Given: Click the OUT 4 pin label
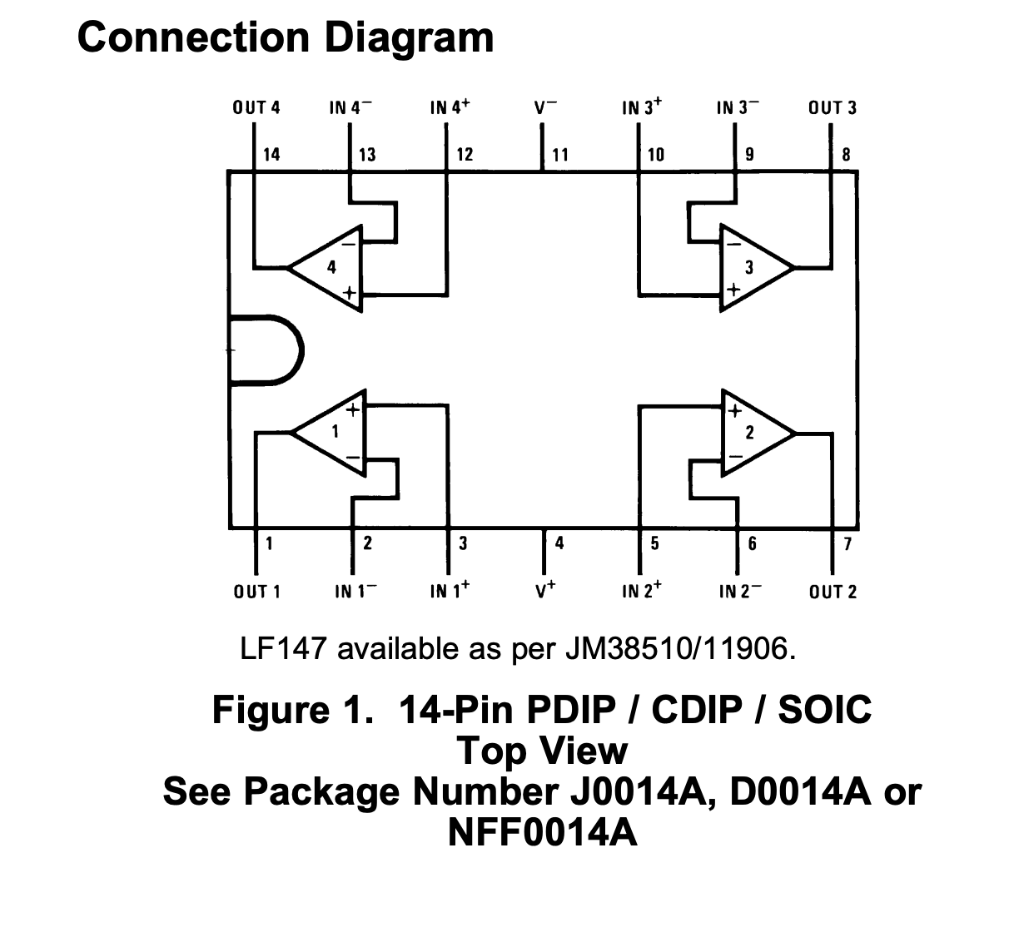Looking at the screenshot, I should point(256,107).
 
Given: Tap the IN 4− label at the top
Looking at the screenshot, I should point(350,107).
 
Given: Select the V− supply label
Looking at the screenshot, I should point(545,107).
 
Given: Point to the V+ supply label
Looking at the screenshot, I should point(545,591).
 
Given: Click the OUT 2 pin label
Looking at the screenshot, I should point(832,592).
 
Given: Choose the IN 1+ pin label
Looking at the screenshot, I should point(450,591).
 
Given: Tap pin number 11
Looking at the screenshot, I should point(559,154).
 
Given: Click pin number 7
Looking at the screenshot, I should point(847,544).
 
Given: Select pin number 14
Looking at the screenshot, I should point(271,154).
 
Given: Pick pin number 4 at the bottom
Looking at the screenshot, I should point(559,543).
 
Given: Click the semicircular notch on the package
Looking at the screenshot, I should point(265,350).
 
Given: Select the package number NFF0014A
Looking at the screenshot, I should point(543,831).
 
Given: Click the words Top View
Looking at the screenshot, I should point(543,750).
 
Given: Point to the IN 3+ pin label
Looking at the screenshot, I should point(642,107).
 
